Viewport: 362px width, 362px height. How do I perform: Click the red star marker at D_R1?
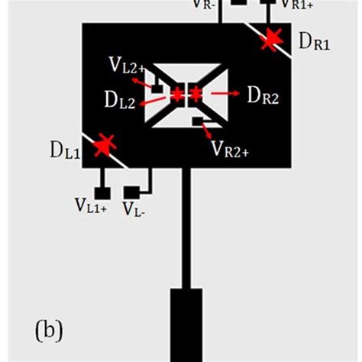point(269,40)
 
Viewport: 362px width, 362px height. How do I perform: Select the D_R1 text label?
point(315,43)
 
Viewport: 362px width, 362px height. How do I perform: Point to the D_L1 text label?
point(65,150)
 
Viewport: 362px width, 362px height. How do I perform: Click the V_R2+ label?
point(230,147)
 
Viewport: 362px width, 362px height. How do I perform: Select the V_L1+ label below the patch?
point(91,204)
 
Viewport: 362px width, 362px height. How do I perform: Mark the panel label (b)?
point(50,331)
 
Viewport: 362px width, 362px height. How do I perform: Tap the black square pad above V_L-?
point(131,189)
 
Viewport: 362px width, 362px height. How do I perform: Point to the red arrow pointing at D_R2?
point(225,92)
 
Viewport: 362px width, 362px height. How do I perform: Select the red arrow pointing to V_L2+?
point(141,81)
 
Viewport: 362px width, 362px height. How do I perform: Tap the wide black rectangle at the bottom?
point(186,324)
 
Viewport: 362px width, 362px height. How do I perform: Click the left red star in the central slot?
point(177,94)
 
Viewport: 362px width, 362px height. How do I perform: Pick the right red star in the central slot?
point(195,93)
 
